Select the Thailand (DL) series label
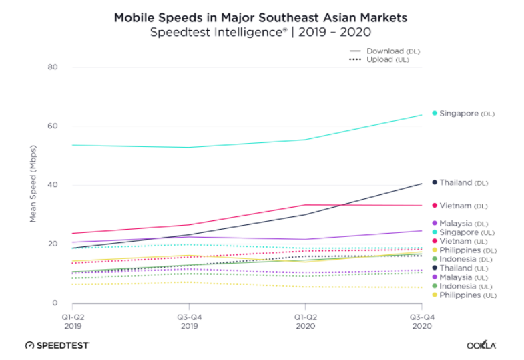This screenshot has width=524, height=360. (465, 182)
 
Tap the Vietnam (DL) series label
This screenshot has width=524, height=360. (464, 205)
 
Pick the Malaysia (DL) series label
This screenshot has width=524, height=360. (465, 223)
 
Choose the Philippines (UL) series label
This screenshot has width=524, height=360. (465, 295)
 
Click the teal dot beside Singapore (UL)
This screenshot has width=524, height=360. (435, 232)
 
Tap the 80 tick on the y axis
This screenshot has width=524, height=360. (53, 67)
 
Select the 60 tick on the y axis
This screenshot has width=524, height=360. (53, 126)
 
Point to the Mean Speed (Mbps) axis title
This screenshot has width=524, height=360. (33, 186)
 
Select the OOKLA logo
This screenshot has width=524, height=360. (481, 345)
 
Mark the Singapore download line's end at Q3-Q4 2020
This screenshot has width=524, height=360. (422, 114)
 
